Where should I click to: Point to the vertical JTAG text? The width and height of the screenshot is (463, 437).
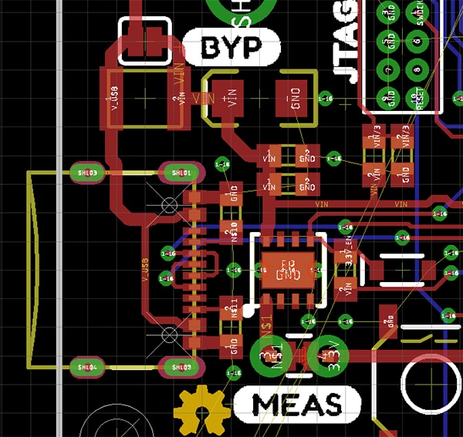[347, 42]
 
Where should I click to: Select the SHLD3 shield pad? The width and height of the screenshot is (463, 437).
[86, 173]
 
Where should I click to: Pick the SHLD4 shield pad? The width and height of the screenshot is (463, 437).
[86, 367]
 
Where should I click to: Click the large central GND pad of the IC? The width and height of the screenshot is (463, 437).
[287, 271]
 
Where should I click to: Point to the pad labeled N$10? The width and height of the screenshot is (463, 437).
[229, 228]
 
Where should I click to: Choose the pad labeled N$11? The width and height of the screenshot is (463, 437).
[229, 306]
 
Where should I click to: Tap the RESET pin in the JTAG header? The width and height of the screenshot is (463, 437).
[419, 96]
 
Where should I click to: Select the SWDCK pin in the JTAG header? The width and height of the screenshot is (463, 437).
[419, 15]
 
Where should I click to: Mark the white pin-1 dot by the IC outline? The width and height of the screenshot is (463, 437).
[248, 311]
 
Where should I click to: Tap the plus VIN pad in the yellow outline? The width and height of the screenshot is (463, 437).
[227, 99]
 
